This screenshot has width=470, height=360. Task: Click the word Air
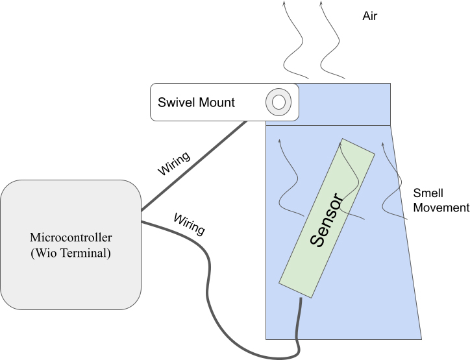click(x=369, y=16)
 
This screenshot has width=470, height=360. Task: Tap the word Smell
click(x=428, y=193)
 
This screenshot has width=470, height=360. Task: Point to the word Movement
click(x=441, y=208)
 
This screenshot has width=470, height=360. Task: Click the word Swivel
click(x=175, y=102)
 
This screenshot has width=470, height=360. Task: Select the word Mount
click(x=216, y=102)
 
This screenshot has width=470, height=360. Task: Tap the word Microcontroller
click(x=71, y=237)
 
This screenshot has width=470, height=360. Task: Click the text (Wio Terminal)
click(x=71, y=253)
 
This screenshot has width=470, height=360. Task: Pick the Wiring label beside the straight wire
click(x=174, y=163)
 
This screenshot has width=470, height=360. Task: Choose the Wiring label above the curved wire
click(x=190, y=224)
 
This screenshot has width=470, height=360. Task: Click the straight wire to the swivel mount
click(x=194, y=165)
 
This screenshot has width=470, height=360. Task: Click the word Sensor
click(x=326, y=220)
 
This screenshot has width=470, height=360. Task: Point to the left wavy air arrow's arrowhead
click(x=284, y=3)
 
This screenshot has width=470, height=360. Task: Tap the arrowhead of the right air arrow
click(x=321, y=3)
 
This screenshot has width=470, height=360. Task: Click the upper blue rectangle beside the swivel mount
click(x=344, y=104)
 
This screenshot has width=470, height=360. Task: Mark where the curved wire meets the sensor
click(x=301, y=298)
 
